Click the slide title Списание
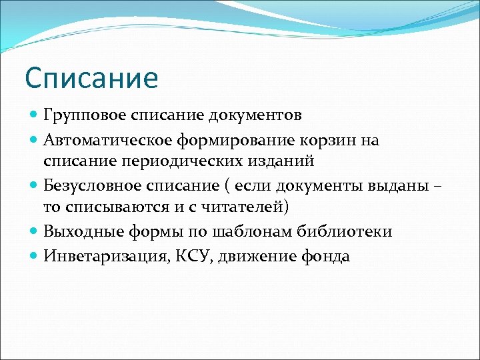(x=91, y=78)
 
